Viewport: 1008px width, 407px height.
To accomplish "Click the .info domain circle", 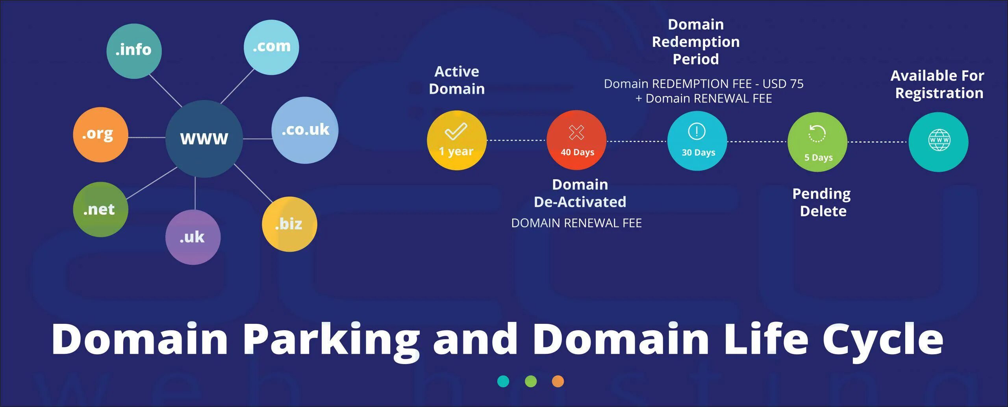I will point(134,51).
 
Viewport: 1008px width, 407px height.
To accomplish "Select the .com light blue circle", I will point(271,47).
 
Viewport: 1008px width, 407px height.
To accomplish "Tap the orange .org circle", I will point(100,134).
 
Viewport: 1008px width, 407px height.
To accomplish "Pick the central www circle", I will point(204,138).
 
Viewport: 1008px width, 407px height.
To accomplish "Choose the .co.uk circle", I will point(305,130).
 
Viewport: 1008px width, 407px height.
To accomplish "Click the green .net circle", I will point(100,209).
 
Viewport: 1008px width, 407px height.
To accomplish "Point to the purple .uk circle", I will point(193,237).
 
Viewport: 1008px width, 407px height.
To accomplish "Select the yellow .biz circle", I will point(289,224).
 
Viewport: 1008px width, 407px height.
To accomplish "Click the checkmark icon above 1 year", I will point(456,131).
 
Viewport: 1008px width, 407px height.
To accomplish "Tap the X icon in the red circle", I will point(576,132).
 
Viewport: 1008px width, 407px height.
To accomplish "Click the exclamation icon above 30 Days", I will point(697,131).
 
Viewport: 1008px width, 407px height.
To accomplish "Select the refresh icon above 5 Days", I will point(817,133).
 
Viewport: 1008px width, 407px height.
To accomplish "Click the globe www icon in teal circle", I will point(939,140).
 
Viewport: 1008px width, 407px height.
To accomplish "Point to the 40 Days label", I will point(577,152).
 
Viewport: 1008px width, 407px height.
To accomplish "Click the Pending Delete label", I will point(822,202).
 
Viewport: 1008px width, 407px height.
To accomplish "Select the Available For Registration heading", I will point(938,84).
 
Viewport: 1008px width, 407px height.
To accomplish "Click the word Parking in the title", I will point(330,340).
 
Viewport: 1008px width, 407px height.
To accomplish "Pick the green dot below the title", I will point(531,381).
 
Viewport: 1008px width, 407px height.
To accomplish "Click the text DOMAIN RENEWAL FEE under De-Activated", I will point(576,223).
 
